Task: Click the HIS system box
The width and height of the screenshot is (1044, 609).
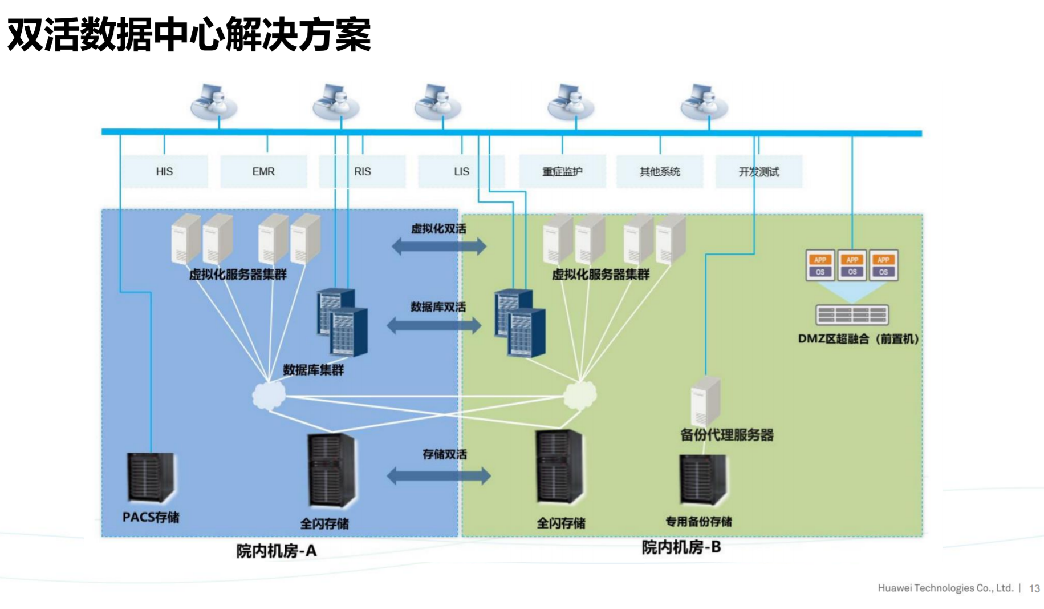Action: [164, 171]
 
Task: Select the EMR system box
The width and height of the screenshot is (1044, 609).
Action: [263, 171]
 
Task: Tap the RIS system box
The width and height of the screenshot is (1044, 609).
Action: [362, 171]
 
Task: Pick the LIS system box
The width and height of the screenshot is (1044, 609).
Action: [461, 171]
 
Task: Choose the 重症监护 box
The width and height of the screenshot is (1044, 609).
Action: [562, 171]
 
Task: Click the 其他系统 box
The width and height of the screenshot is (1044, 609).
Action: [660, 171]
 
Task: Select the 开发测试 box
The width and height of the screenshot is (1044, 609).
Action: [759, 171]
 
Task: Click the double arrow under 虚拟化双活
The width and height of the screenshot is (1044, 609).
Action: [439, 247]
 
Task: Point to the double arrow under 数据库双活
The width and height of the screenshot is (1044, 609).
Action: [434, 326]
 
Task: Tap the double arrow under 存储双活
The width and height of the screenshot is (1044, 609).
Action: [438, 476]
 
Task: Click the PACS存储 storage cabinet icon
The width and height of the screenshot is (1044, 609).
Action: [151, 478]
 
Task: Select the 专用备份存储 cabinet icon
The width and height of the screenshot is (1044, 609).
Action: [702, 479]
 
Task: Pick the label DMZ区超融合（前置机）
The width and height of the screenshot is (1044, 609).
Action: [858, 339]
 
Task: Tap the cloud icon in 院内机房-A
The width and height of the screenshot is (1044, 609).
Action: [269, 394]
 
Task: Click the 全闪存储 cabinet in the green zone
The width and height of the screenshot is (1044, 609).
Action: [560, 467]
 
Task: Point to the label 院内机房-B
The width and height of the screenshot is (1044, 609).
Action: [681, 547]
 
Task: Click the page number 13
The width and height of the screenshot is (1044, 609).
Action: [1034, 588]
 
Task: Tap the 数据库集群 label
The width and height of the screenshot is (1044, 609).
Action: [314, 370]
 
